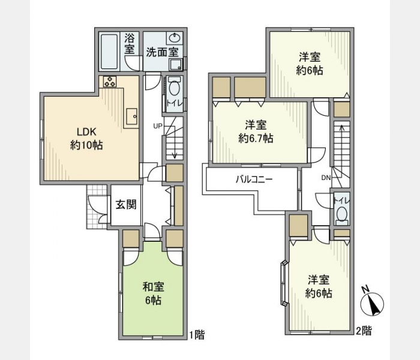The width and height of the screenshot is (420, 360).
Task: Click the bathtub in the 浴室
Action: click(109, 51)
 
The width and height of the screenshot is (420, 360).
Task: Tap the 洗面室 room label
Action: click(162, 52)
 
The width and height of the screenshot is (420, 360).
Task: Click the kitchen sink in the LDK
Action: click(132, 116)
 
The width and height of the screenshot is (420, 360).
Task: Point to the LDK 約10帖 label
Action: click(86, 139)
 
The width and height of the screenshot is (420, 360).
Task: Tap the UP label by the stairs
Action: click(158, 125)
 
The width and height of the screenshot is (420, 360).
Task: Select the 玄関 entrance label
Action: click(126, 205)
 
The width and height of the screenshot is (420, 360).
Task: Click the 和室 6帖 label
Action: click(153, 293)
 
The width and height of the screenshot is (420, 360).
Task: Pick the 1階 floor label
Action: click(197, 335)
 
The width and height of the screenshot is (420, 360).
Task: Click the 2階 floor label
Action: click(364, 331)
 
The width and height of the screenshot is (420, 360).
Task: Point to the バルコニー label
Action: click(254, 179)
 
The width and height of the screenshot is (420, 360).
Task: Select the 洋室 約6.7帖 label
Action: click(256, 132)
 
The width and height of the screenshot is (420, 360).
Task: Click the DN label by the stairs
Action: click(326, 178)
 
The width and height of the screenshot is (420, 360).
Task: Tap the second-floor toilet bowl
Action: click(342, 214)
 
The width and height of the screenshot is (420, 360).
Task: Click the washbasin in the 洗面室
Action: click(175, 38)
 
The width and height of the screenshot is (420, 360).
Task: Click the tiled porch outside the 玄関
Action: click(97, 206)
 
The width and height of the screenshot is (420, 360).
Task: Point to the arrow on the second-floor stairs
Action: click(342, 144)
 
